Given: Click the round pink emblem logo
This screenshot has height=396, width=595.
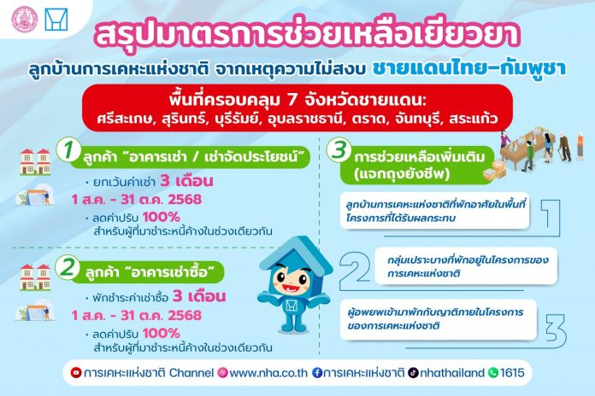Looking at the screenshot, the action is pos(25,20).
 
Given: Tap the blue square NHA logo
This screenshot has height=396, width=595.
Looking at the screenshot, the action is pos(56,20).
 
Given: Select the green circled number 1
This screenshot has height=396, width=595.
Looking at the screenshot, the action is pos(68,149).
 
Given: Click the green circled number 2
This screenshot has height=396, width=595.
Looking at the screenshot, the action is pos(68,267).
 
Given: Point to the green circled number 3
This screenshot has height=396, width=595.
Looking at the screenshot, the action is pos(339,149).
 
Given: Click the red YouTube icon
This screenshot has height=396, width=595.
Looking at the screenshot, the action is pos(76,373).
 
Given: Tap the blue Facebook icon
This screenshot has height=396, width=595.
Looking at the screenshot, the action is pos(317,373).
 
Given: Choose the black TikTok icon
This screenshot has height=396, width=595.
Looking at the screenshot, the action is pos(413,373).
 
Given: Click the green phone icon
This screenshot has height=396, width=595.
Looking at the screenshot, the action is pos(493,373).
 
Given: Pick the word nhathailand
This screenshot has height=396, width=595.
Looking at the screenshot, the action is pos(452,373).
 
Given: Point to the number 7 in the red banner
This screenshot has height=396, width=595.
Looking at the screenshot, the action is pos(292,101).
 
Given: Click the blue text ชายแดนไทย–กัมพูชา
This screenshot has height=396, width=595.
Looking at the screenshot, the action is pos(469,68).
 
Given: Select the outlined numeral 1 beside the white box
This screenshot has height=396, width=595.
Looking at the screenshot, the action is pos(551,217).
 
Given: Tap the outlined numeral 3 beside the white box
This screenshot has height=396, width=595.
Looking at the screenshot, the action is pos(556,330).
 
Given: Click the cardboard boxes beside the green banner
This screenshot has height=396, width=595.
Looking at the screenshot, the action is pos(494,170).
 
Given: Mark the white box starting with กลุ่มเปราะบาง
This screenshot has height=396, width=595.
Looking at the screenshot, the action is pos(466,266).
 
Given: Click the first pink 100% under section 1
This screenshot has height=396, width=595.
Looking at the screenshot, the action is pos(162,217).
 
